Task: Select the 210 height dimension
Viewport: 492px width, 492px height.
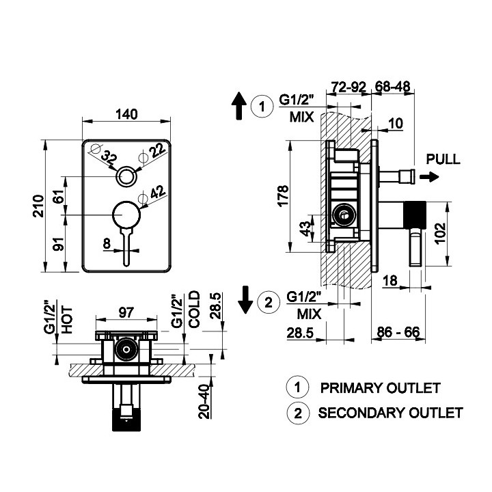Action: pyautogui.click(x=40, y=205)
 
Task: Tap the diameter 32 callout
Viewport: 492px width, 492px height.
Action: pyautogui.click(x=109, y=157)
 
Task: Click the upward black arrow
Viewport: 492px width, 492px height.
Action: pyautogui.click(x=238, y=107)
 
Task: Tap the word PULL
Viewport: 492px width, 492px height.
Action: pyautogui.click(x=443, y=159)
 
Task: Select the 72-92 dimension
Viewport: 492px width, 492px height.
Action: pyautogui.click(x=349, y=87)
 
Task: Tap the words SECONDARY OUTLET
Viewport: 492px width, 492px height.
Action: pyautogui.click(x=390, y=413)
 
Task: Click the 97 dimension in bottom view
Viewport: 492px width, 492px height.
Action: pyautogui.click(x=126, y=312)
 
